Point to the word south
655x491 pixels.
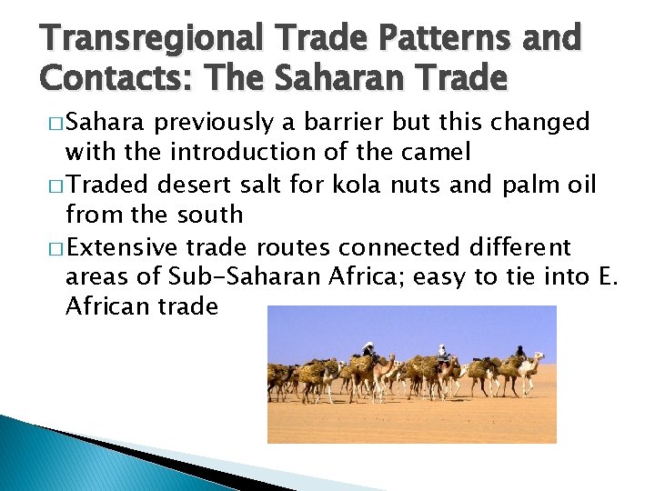(x=210, y=215)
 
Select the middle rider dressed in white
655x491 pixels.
(x=442, y=354)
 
